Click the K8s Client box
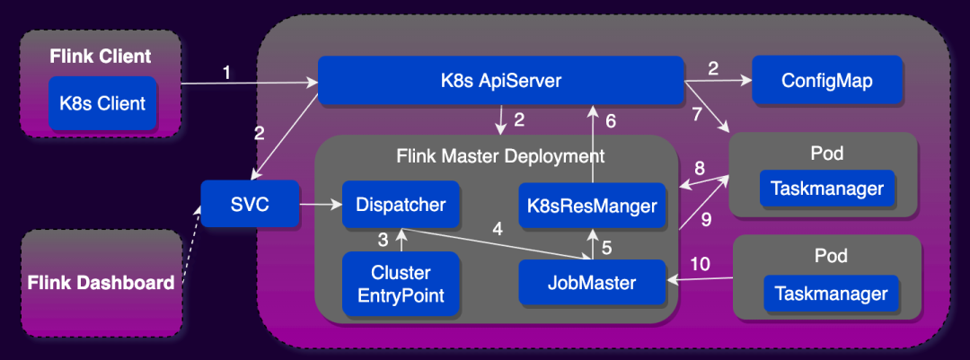point(102,103)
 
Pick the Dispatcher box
point(400,205)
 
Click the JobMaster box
point(592,283)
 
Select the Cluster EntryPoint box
point(401,284)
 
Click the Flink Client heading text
point(101,57)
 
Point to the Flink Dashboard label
point(101,284)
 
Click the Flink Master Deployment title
point(500,156)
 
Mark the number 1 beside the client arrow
point(226,73)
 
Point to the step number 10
point(699,264)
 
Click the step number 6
point(611,120)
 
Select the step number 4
point(497,228)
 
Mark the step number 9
point(705,218)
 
